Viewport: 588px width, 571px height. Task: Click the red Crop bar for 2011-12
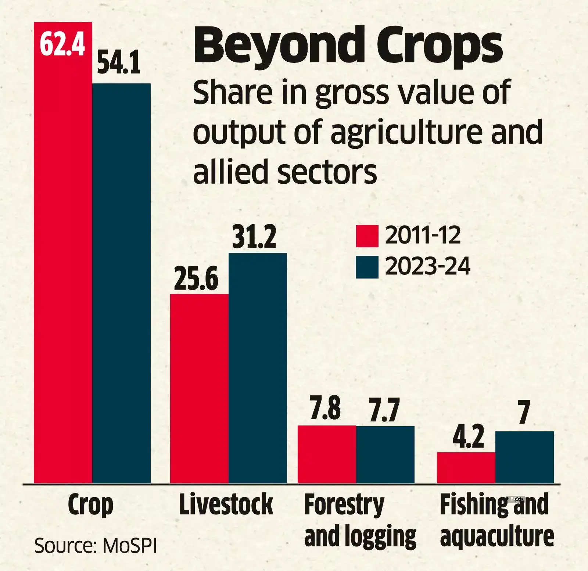63,257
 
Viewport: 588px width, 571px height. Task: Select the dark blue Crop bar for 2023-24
121,283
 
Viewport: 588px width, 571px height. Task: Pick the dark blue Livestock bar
258,367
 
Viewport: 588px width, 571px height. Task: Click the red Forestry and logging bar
327,454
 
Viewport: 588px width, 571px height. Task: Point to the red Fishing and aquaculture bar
466,467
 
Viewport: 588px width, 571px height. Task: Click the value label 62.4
62,44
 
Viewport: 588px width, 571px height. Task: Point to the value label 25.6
196,279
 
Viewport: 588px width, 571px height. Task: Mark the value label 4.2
468,436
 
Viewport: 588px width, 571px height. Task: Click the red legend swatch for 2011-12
367,236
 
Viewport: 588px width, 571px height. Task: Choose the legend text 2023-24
427,266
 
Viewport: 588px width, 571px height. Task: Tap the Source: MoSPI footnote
96,546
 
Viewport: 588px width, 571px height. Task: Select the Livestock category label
226,504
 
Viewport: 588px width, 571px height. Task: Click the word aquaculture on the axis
497,536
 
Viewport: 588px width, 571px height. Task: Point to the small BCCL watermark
516,499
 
